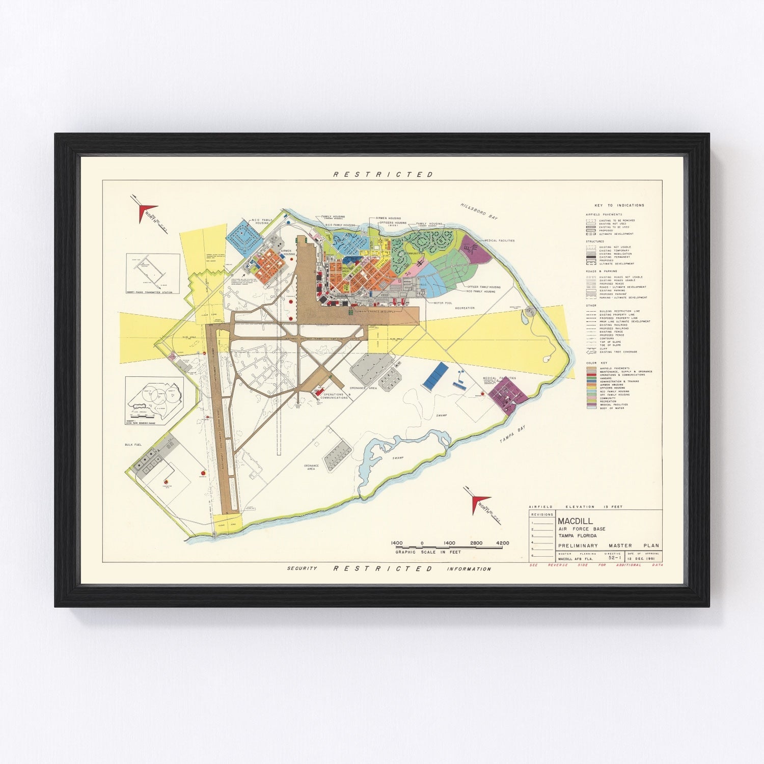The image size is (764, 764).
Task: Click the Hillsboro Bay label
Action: click(x=479, y=210)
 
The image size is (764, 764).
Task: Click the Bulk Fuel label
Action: click(x=133, y=445)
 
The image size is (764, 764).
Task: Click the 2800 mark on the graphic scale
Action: click(x=476, y=543)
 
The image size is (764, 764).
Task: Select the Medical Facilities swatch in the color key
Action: click(x=591, y=404)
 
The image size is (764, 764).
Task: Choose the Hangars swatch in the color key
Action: click(x=591, y=378)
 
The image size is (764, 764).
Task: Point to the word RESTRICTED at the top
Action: click(x=383, y=174)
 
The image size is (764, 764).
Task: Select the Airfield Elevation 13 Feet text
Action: click(x=576, y=507)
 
